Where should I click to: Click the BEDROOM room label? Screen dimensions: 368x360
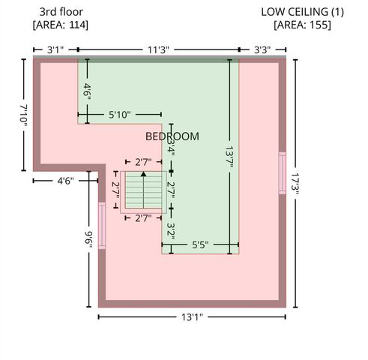click(172, 136)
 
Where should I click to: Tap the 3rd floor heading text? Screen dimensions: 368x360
click(61, 12)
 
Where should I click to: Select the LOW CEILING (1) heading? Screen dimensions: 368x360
click(303, 12)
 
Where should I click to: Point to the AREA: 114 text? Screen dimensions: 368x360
click(61, 25)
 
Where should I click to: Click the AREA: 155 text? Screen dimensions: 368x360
click(303, 25)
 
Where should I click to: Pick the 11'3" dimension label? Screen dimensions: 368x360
click(158, 50)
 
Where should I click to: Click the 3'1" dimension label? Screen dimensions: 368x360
click(55, 50)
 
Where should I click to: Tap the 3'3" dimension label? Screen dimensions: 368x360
click(262, 50)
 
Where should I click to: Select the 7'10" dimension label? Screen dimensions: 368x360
click(23, 115)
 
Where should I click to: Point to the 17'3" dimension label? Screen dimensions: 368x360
click(295, 184)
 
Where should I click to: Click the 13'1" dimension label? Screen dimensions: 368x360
click(192, 317)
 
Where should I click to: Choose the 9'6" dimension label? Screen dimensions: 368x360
click(88, 239)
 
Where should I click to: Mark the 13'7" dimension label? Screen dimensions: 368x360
click(229, 159)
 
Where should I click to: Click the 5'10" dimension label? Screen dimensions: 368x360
click(120, 115)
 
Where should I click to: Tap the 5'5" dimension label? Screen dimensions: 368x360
click(200, 244)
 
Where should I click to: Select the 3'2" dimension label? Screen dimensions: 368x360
click(171, 231)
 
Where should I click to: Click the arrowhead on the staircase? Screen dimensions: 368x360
click(143, 174)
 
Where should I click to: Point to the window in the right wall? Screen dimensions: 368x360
click(283, 173)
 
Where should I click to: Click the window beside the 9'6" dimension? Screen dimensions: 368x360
click(102, 226)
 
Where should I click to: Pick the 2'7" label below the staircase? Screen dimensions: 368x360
click(143, 218)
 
